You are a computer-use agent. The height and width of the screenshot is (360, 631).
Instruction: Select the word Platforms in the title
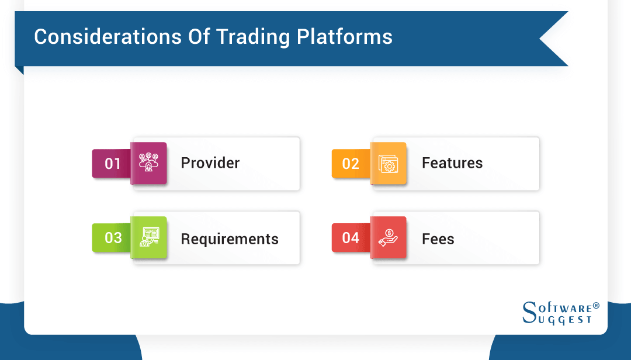coord(345,37)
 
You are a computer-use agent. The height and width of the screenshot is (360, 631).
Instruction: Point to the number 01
coord(112,164)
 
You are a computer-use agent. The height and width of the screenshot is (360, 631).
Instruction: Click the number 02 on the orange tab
coord(351,164)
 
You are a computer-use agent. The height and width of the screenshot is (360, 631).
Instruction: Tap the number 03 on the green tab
coord(113,238)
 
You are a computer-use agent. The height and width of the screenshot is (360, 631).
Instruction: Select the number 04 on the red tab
coord(351,238)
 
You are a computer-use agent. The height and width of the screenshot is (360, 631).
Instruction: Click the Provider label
coord(210,163)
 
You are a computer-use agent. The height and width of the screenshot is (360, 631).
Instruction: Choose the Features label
coord(452,163)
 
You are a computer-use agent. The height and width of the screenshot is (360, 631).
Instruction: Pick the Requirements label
coord(230,239)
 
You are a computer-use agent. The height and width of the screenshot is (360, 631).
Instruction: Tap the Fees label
coord(438,239)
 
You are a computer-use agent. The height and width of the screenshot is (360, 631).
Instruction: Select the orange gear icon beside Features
coord(389,164)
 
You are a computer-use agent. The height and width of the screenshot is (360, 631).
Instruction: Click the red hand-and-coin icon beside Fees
coord(389,237)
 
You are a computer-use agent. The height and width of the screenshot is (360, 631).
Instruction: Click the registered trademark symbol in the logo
coord(596,306)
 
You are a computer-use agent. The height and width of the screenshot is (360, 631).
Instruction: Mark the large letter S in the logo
coord(529,312)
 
